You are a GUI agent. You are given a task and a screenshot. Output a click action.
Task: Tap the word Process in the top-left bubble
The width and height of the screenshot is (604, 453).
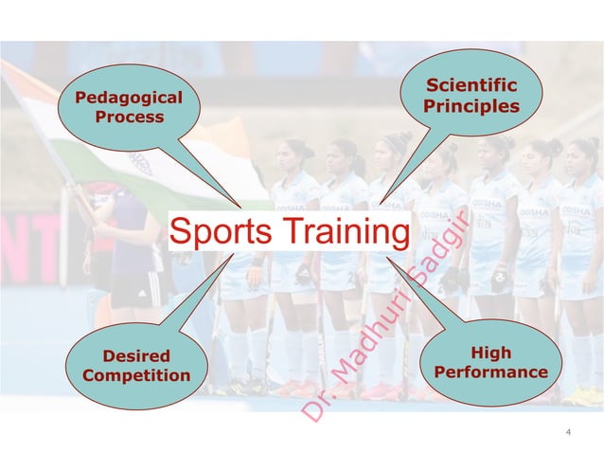129,118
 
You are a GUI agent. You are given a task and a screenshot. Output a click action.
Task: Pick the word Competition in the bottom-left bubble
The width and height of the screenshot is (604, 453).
136,376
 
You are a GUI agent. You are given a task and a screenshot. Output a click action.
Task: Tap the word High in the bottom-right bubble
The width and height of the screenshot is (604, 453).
489,353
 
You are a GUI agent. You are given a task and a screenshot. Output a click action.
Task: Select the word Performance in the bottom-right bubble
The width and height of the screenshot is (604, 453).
489,372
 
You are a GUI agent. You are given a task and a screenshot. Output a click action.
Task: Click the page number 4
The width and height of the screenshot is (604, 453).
567,433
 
